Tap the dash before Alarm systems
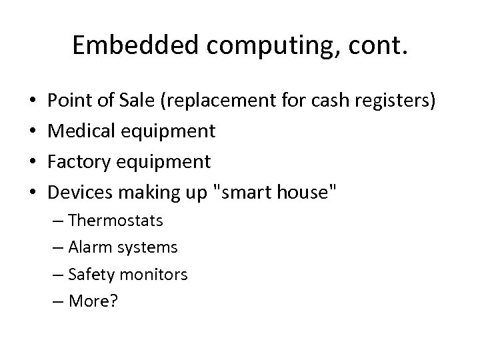pos(73,247)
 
